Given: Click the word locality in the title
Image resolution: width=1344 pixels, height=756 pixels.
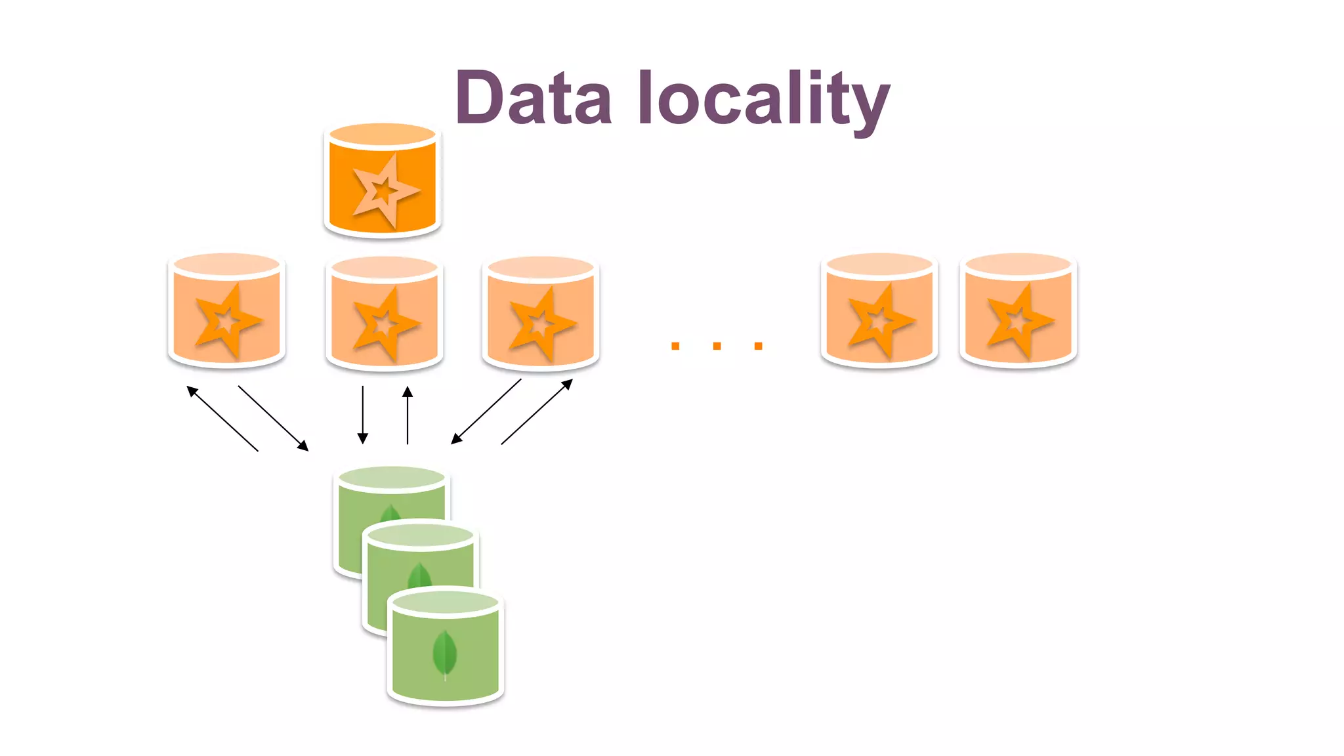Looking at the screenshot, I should [763, 98].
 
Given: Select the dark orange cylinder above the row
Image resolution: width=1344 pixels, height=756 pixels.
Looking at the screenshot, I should [383, 181].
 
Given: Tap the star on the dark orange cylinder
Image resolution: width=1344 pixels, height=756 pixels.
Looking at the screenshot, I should [383, 190].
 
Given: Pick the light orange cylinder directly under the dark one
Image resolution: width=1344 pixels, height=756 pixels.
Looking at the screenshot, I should [385, 314].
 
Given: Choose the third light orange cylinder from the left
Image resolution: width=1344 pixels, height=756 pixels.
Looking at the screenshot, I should [541, 314].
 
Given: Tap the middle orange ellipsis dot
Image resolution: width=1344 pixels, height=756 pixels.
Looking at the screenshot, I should [717, 346].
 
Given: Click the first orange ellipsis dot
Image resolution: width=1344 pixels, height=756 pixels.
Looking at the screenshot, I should [675, 346].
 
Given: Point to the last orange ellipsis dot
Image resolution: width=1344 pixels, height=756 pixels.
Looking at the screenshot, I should [759, 346].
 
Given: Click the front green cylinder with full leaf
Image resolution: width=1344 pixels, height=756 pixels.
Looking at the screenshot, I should [445, 650].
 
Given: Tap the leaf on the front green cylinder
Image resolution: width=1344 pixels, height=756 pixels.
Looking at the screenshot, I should [444, 654].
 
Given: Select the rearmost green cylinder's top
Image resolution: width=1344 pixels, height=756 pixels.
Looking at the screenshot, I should [392, 478].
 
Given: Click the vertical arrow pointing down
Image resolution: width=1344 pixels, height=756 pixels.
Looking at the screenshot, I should [362, 415].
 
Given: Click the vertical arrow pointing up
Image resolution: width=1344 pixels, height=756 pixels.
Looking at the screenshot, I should [408, 415].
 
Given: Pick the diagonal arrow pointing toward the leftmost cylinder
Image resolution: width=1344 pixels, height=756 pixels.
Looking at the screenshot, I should [222, 418].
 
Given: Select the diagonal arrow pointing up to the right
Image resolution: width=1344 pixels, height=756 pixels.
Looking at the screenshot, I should [537, 411].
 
